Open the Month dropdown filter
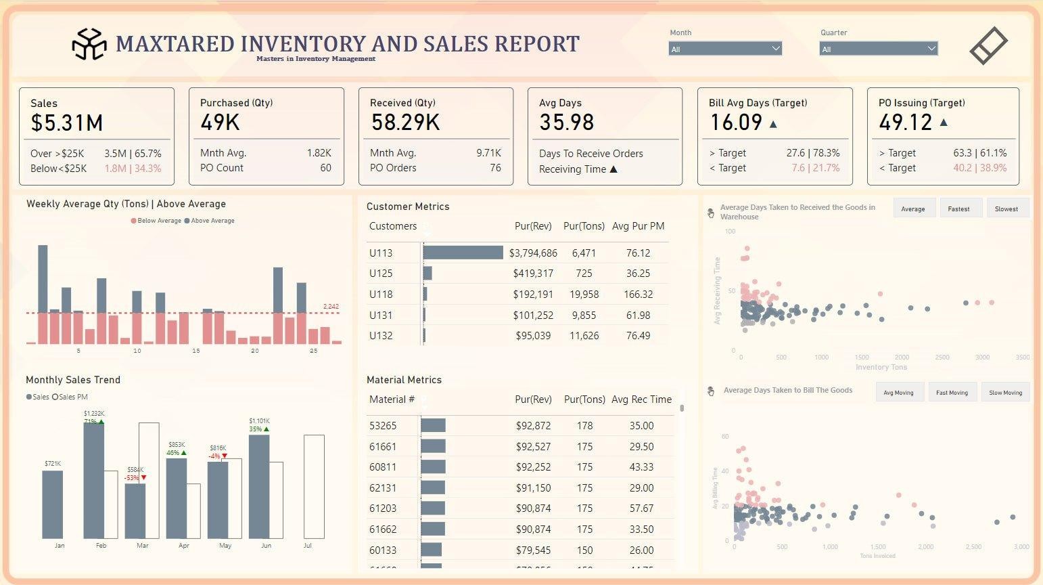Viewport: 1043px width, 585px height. (724, 49)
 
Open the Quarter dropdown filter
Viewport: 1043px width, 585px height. (878, 49)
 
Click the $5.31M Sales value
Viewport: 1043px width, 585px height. (67, 123)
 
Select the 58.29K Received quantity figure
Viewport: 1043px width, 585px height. (405, 123)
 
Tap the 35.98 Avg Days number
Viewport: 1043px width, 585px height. (566, 123)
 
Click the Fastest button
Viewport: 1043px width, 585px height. (958, 209)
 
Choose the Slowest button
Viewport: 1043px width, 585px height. (1006, 209)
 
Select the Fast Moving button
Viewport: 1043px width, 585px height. (952, 393)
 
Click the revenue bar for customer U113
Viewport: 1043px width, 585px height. (463, 253)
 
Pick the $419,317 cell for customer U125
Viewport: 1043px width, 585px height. (533, 274)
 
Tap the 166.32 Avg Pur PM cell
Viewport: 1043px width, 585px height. (638, 295)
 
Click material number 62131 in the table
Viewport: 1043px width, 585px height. (383, 488)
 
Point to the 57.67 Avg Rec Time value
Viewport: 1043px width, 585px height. (641, 508)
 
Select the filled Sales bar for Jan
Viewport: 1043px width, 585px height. (52, 504)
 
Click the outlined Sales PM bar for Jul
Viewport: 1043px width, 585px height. (314, 487)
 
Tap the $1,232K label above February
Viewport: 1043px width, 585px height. (94, 413)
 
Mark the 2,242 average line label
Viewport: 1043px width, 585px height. (331, 307)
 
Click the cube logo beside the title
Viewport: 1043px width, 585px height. (89, 44)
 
